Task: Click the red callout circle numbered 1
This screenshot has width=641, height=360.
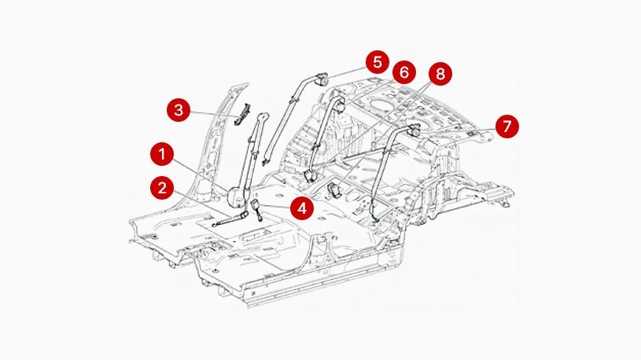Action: [x=162, y=153]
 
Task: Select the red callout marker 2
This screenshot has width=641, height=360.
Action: [x=162, y=187]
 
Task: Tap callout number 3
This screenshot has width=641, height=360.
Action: [x=179, y=109]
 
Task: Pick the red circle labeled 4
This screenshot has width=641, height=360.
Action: [x=301, y=208]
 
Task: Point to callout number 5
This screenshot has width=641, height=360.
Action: [x=377, y=61]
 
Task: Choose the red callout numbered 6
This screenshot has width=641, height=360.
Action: [x=403, y=72]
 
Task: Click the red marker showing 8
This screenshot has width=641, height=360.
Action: [x=439, y=74]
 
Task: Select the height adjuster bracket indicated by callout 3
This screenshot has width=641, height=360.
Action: [x=245, y=112]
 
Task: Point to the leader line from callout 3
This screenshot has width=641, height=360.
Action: [x=212, y=112]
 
